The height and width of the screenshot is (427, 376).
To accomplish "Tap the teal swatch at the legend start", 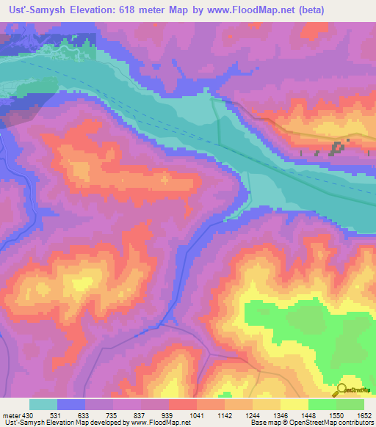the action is pyautogui.click(x=43, y=404).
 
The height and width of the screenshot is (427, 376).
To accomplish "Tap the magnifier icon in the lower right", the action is pyautogui.click(x=341, y=389).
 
